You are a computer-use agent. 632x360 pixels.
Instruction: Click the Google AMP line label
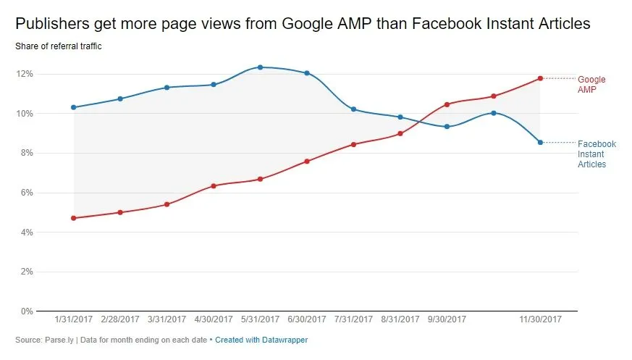591,84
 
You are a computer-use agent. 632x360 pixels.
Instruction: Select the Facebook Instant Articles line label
597,154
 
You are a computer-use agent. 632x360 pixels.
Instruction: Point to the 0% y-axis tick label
27,311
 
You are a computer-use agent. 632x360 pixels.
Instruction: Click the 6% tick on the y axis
27,193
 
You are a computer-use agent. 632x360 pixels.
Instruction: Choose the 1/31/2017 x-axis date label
73,319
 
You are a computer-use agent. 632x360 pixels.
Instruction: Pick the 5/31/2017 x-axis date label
259,319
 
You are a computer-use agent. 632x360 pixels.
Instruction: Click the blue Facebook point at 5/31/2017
260,67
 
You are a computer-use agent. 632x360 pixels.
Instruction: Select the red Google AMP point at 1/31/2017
74,218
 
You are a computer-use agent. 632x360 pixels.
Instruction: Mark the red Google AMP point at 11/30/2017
540,78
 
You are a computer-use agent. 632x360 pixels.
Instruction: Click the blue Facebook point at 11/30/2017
540,142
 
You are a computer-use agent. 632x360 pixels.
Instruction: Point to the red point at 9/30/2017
447,104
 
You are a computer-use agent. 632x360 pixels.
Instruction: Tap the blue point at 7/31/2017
353,109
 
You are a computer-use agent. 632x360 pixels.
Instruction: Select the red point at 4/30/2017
214,186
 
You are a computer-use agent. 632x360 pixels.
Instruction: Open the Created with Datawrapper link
261,339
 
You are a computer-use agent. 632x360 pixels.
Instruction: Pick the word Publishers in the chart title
49,24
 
